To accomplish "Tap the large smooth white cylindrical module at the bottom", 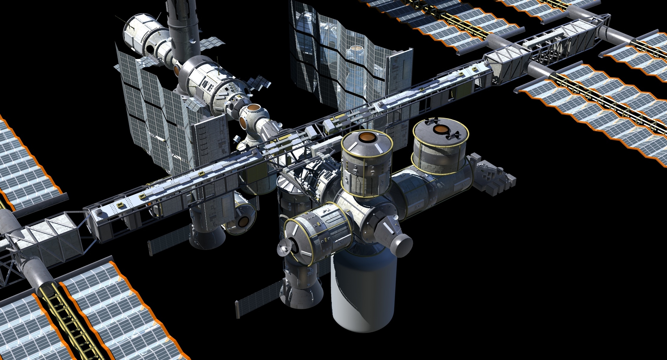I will tap(363, 292).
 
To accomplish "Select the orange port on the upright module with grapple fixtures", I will tap(440, 129).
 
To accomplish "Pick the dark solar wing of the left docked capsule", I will tap(169, 240).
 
